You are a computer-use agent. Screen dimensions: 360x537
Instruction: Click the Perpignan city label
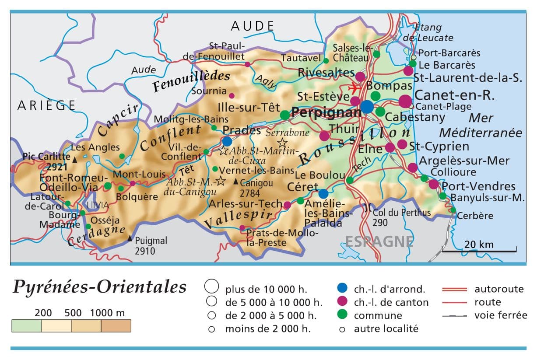326,113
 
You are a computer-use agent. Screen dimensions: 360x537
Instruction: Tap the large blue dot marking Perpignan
367,106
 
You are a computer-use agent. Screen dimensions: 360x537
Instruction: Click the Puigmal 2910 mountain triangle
130,238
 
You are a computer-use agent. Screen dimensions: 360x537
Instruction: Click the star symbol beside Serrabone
283,143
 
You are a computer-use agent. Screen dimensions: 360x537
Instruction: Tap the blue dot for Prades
227,141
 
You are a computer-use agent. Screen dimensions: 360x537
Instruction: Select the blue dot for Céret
323,193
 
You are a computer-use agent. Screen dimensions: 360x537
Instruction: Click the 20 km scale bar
479,251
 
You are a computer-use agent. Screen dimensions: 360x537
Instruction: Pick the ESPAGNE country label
379,241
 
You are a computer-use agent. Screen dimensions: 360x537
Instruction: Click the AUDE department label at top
253,26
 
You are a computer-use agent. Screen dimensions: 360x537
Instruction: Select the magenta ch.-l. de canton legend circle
343,301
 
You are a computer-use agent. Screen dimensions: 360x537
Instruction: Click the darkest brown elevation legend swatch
116,326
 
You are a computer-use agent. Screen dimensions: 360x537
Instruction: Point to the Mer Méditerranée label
481,125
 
